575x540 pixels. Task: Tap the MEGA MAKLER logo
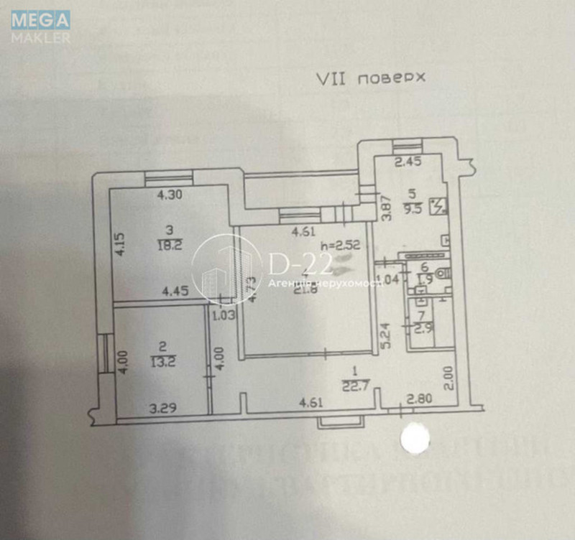tap(41, 27)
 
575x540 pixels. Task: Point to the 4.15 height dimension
tap(120, 243)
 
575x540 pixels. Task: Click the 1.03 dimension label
tap(224, 314)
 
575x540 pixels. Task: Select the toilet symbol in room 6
tap(445, 272)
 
